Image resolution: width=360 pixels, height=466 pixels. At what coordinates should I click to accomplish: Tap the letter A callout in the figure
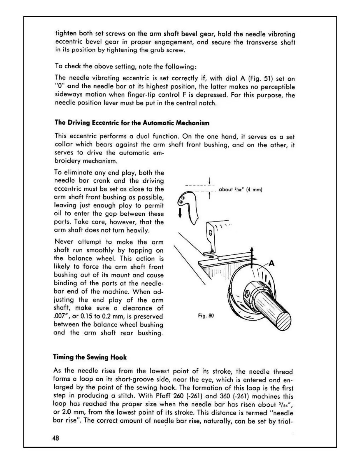271,263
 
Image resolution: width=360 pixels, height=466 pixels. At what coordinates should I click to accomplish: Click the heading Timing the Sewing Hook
90,357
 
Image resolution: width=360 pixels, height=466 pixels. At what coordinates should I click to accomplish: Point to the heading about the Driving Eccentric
132,123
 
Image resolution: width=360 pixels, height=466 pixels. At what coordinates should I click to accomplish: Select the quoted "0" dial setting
59,87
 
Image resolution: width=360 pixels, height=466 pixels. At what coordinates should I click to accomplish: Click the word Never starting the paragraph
63,242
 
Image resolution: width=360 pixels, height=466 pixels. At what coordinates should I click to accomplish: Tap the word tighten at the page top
65,34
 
